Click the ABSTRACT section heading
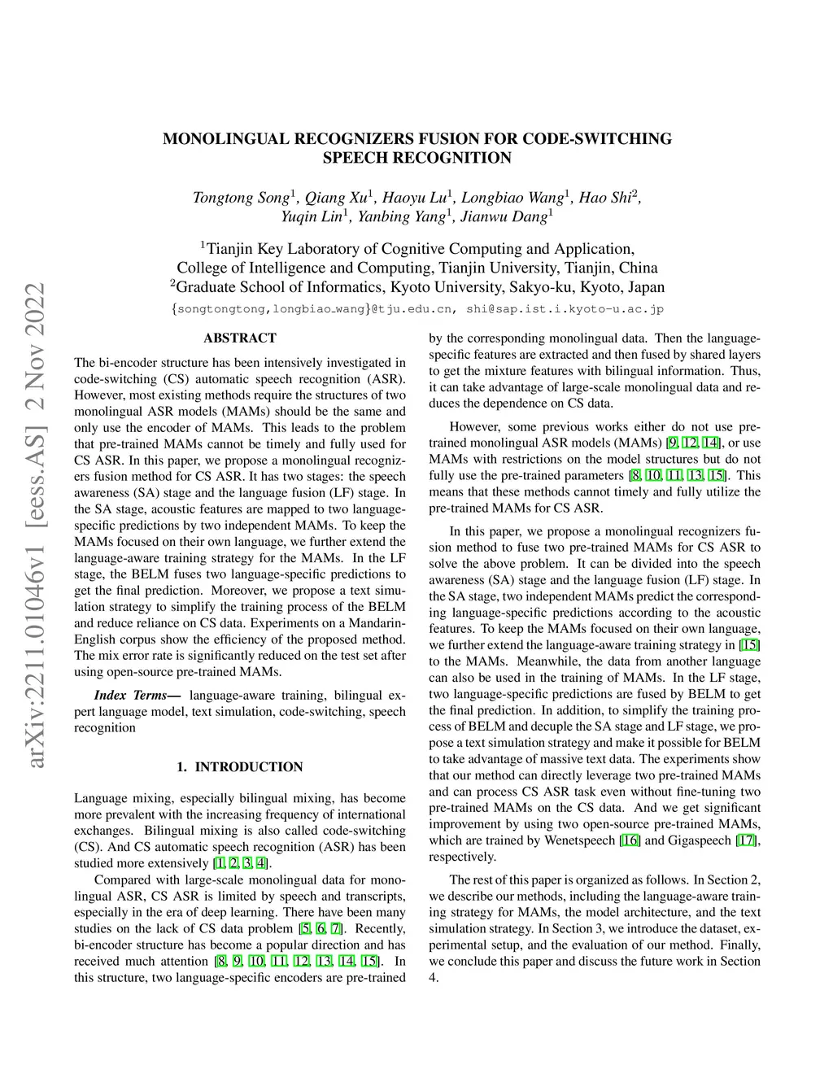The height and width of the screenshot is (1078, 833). [239, 338]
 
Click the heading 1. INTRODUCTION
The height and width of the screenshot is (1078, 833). [239, 766]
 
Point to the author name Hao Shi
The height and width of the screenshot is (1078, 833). [604, 198]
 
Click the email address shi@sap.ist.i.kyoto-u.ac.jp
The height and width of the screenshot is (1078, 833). [565, 309]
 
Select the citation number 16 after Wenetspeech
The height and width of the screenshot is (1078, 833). [630, 840]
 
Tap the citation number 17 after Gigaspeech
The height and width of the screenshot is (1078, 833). [746, 840]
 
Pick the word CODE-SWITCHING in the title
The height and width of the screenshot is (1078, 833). [597, 138]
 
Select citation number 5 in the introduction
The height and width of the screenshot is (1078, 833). [304, 928]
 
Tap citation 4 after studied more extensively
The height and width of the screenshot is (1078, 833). [260, 863]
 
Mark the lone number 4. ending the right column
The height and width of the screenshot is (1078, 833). [434, 977]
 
